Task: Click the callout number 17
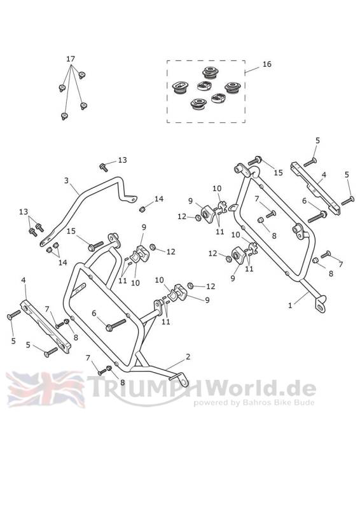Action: pyautogui.click(x=71, y=59)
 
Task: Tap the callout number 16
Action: pyautogui.click(x=267, y=64)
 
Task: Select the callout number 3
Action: pyautogui.click(x=66, y=181)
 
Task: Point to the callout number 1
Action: pyautogui.click(x=290, y=305)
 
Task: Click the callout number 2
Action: pyautogui.click(x=188, y=357)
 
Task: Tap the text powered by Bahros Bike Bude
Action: pyautogui.click(x=254, y=403)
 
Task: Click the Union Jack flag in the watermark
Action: pyautogui.click(x=46, y=389)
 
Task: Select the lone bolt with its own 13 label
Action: pyautogui.click(x=104, y=167)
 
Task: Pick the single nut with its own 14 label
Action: pyautogui.click(x=142, y=209)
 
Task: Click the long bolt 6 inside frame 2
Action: pyautogui.click(x=116, y=324)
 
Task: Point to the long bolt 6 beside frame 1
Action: pyautogui.click(x=317, y=216)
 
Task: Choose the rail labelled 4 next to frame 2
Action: pyautogui.click(x=45, y=326)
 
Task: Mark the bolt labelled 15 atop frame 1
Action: pyautogui.click(x=255, y=161)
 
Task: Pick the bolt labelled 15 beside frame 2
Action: pyautogui.click(x=96, y=246)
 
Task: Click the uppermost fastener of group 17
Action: pyautogui.click(x=82, y=75)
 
